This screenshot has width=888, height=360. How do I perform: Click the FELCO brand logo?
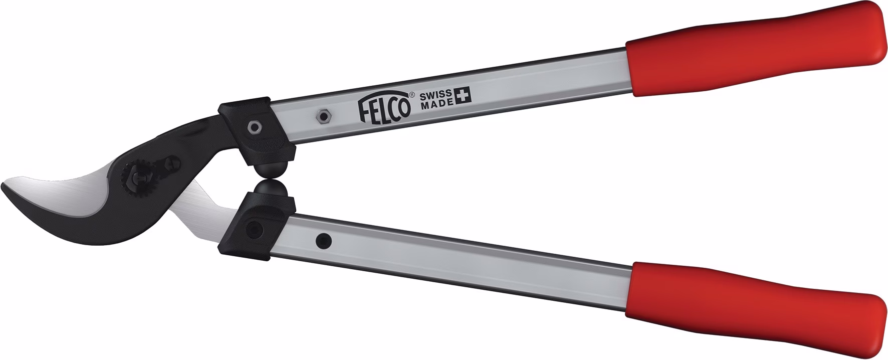[382, 108]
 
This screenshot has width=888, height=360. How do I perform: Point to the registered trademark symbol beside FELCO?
[411, 94]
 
